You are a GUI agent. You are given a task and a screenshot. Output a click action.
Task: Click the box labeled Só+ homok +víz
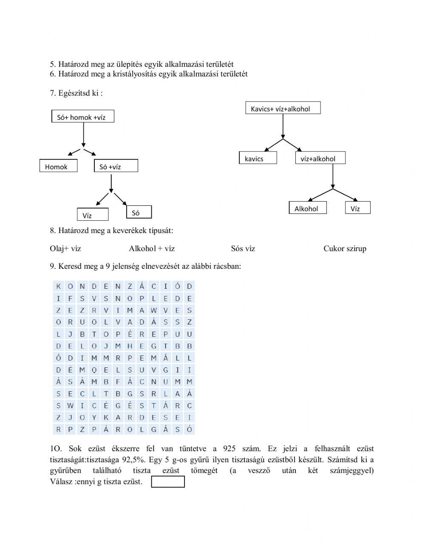tap(82, 117)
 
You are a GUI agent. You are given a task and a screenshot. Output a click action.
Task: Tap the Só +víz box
tap(116, 166)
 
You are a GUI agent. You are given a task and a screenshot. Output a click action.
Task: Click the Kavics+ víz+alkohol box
tap(283, 108)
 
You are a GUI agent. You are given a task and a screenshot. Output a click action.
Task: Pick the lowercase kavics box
tap(258, 158)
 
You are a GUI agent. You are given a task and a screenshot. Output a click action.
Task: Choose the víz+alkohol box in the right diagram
tap(320, 158)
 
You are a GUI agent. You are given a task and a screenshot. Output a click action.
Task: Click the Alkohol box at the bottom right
tap(308, 208)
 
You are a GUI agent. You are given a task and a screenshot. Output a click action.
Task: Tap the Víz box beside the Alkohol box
tap(357, 208)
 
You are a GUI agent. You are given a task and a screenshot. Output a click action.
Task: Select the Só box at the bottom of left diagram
tap(139, 212)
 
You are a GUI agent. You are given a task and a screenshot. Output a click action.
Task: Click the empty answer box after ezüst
tap(168, 482)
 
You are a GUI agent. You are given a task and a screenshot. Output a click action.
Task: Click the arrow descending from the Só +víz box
tap(111, 183)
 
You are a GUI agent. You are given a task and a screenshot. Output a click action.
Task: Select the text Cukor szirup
tap(345, 249)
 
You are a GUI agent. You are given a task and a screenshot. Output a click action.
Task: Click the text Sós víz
tap(243, 249)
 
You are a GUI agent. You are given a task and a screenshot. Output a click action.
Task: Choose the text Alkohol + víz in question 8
tap(152, 249)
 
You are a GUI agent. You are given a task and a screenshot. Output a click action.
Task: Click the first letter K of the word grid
tap(58, 286)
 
